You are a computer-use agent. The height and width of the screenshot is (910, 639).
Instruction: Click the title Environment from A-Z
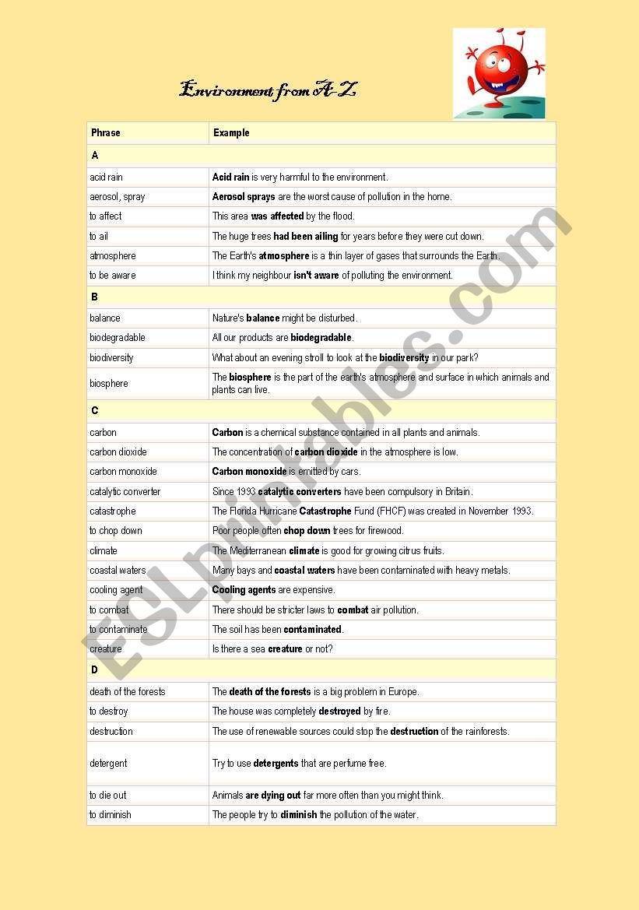tap(268, 90)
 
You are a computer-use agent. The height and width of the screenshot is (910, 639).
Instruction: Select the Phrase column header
tap(106, 133)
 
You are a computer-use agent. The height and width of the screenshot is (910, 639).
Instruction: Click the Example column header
tap(231, 133)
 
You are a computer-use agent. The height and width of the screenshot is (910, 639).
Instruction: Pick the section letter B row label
tap(95, 297)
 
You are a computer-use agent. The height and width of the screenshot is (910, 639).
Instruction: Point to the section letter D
tap(95, 670)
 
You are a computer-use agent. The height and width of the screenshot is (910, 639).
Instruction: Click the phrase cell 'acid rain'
tap(106, 177)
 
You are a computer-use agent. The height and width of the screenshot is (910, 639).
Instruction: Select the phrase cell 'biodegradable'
tap(118, 338)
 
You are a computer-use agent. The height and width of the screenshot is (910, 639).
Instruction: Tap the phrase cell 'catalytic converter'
tap(125, 492)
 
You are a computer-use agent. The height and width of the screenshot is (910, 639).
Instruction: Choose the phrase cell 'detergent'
tap(108, 764)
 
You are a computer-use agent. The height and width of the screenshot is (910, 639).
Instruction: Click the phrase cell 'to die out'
tap(107, 796)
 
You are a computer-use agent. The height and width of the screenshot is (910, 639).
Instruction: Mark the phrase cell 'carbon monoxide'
tap(123, 472)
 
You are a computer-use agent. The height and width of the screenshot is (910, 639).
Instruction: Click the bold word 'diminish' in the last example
tap(299, 815)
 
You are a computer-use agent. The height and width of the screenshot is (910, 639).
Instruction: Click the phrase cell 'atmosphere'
tap(113, 256)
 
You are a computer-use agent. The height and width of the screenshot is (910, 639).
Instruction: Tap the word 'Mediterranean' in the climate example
tap(258, 551)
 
